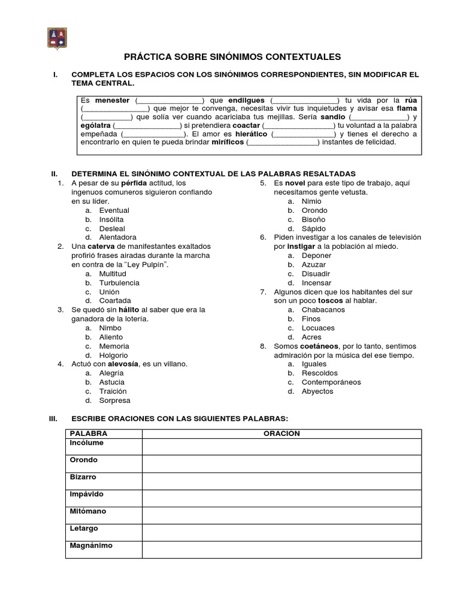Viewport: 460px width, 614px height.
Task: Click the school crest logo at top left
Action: click(57, 38)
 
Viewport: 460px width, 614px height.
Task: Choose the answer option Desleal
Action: click(112, 228)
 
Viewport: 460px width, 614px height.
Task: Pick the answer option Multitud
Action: click(113, 273)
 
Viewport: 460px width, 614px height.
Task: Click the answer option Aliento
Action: click(111, 337)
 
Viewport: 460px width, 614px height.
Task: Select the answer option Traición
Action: click(113, 391)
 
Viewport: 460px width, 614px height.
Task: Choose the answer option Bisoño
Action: click(314, 219)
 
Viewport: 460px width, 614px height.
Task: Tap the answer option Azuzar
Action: click(314, 264)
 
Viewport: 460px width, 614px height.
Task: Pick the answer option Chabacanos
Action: click(323, 310)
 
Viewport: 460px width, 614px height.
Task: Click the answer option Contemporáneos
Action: click(331, 382)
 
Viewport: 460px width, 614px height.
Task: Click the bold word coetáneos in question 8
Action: click(319, 346)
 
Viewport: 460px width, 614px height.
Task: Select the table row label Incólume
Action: click(87, 443)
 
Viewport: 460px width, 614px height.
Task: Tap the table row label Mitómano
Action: click(88, 511)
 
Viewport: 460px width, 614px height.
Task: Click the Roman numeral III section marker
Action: click(53, 418)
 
